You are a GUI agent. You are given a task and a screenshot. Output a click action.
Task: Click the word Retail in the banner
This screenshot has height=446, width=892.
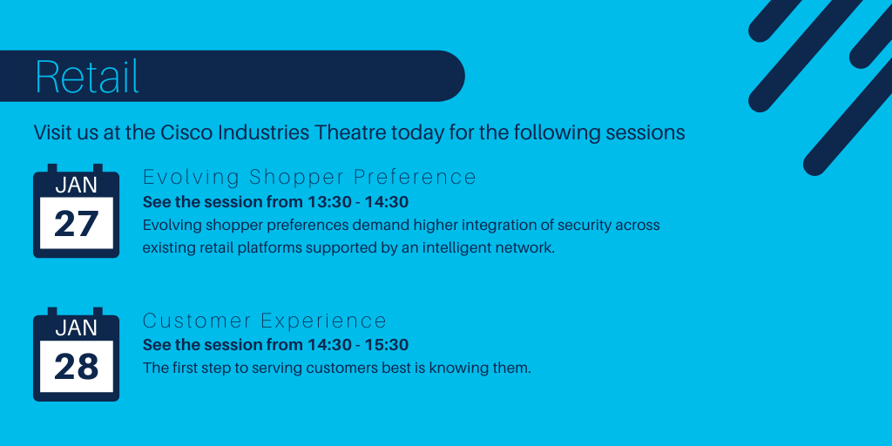tap(87, 77)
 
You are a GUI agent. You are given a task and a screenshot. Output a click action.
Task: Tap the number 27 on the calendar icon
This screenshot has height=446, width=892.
tap(77, 224)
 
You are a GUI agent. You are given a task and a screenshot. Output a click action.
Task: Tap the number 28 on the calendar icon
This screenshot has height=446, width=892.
tap(77, 367)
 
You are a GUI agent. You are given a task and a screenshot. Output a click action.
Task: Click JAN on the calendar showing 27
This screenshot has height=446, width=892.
tap(77, 186)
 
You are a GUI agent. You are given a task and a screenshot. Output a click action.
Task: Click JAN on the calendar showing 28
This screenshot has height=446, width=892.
tap(77, 328)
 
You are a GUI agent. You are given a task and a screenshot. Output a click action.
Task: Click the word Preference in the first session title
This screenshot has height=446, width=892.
tap(415, 177)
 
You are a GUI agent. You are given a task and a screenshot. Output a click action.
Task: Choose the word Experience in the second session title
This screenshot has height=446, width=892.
tap(324, 321)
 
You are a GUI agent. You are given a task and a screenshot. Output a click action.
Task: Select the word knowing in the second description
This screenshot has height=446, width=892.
tap(456, 368)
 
